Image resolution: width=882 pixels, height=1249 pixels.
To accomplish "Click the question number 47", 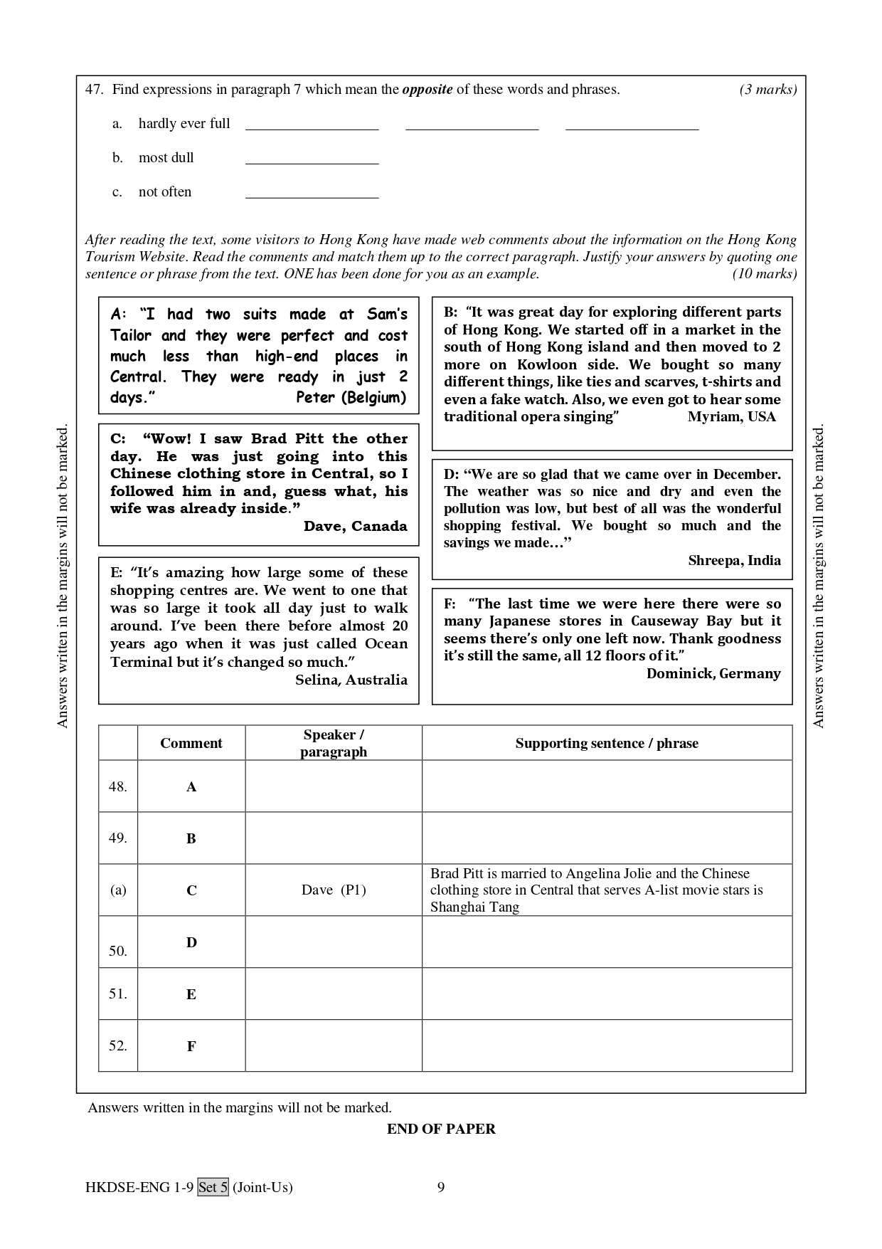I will pyautogui.click(x=95, y=90).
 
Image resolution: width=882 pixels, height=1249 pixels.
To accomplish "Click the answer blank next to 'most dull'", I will pyautogui.click(x=312, y=158).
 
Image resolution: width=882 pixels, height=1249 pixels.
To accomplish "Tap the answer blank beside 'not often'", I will pyautogui.click(x=312, y=192).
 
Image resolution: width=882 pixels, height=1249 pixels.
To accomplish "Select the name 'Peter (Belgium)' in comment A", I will pyautogui.click(x=351, y=398).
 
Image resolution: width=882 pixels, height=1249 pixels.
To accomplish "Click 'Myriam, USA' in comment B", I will pyautogui.click(x=731, y=417).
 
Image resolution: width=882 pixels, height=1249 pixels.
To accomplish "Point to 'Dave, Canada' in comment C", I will pyautogui.click(x=355, y=526).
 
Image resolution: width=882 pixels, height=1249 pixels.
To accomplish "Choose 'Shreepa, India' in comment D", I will pyautogui.click(x=734, y=560).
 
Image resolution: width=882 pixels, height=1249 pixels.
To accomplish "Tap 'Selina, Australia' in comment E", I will pyautogui.click(x=351, y=680).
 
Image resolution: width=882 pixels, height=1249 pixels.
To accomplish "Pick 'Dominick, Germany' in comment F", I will pyautogui.click(x=713, y=673).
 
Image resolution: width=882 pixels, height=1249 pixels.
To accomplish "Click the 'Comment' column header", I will pyautogui.click(x=191, y=743).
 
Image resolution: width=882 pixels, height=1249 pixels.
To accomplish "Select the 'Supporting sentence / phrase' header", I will pyautogui.click(x=606, y=743).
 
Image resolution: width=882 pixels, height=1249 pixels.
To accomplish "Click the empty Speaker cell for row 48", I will pyautogui.click(x=333, y=786).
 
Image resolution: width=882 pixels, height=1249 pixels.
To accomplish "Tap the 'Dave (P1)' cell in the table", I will pyautogui.click(x=333, y=890).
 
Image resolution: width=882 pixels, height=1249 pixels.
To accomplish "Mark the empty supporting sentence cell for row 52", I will pyautogui.click(x=606, y=1045).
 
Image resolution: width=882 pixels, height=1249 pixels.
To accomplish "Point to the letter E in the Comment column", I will pyautogui.click(x=191, y=994).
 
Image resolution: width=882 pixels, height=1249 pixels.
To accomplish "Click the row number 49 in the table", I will pyautogui.click(x=117, y=838).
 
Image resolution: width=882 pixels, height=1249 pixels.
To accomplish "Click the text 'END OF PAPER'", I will pyautogui.click(x=441, y=1129).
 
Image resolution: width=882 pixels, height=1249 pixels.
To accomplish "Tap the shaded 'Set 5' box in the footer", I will pyautogui.click(x=213, y=1186).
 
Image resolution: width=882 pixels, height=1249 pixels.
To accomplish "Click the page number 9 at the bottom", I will pyautogui.click(x=441, y=1186).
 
